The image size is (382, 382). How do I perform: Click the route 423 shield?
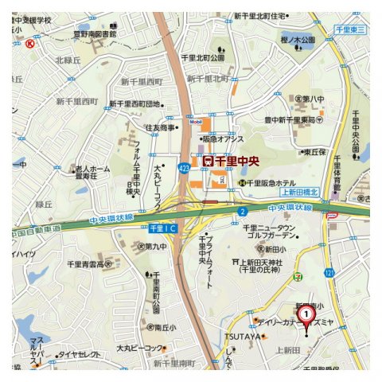point(184,168)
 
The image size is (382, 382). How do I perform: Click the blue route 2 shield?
point(241,212)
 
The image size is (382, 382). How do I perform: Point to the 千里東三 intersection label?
point(350,29)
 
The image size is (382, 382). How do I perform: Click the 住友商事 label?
point(160,127)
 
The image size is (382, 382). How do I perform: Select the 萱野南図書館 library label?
point(94,35)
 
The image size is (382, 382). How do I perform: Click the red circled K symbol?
point(30,45)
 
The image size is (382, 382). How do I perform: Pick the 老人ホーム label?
point(93,170)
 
